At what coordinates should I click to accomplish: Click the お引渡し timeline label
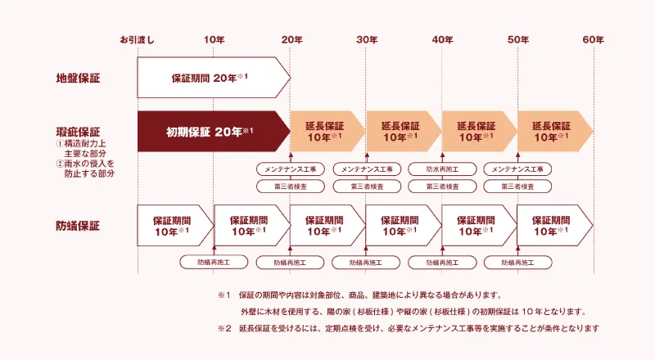click(138, 40)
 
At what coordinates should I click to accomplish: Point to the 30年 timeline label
click(367, 40)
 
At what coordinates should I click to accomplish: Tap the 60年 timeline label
click(593, 40)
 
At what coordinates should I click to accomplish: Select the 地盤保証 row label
click(78, 78)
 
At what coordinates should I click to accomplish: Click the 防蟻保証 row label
click(78, 226)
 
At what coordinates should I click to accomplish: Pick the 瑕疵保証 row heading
click(78, 132)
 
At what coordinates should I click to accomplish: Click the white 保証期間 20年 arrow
click(214, 78)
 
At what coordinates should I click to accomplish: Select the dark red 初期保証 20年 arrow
click(214, 132)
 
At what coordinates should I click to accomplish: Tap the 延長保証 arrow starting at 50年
click(555, 132)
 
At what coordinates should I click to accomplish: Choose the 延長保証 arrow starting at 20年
click(328, 132)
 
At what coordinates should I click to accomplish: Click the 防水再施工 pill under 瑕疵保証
click(442, 169)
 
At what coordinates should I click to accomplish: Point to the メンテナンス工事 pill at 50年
click(517, 169)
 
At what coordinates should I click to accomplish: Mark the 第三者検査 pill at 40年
click(442, 187)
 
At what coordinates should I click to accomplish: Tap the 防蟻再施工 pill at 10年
click(214, 263)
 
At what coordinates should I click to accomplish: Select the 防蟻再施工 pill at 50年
click(518, 263)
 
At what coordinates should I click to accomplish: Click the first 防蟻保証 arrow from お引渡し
click(175, 226)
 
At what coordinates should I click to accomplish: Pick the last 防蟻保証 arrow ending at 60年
click(555, 226)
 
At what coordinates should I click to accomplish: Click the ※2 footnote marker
click(224, 329)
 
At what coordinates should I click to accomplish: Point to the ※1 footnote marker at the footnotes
click(224, 295)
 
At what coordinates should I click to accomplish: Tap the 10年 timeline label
click(215, 40)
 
